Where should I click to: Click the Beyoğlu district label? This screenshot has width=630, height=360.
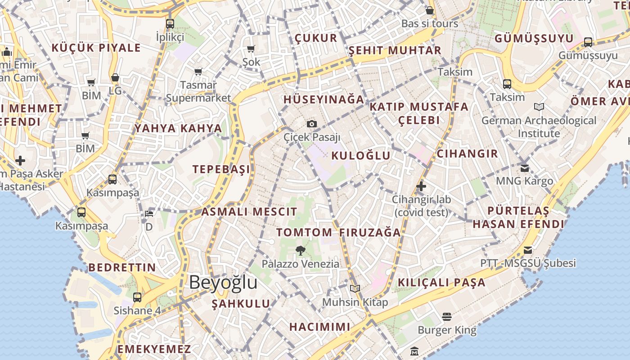click(223, 283)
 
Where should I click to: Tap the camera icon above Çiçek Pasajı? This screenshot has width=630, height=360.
click(311, 124)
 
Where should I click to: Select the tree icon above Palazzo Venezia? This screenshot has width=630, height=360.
click(301, 251)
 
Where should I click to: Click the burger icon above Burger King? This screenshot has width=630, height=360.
click(446, 317)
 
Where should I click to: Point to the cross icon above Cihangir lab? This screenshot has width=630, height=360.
click(421, 186)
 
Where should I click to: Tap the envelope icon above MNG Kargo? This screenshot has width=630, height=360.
click(525, 168)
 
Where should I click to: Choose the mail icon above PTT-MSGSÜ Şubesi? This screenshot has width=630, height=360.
click(528, 250)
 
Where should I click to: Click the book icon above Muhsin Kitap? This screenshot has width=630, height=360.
click(355, 288)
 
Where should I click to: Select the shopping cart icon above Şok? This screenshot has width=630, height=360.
click(251, 49)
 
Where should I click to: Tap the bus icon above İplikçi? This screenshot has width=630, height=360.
click(170, 24)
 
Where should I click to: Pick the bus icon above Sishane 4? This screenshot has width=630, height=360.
click(137, 297)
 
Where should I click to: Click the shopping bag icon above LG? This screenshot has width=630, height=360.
click(115, 78)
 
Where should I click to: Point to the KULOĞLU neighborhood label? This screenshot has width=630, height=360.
click(361, 156)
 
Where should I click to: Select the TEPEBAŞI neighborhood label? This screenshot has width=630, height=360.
click(221, 169)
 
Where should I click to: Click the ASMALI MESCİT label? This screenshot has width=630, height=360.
click(249, 211)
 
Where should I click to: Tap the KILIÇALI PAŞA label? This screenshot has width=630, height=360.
click(441, 283)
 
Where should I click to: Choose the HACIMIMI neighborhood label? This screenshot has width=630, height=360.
click(319, 327)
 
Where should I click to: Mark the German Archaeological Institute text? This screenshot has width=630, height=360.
click(539, 127)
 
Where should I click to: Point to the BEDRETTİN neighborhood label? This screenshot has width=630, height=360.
click(122, 267)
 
